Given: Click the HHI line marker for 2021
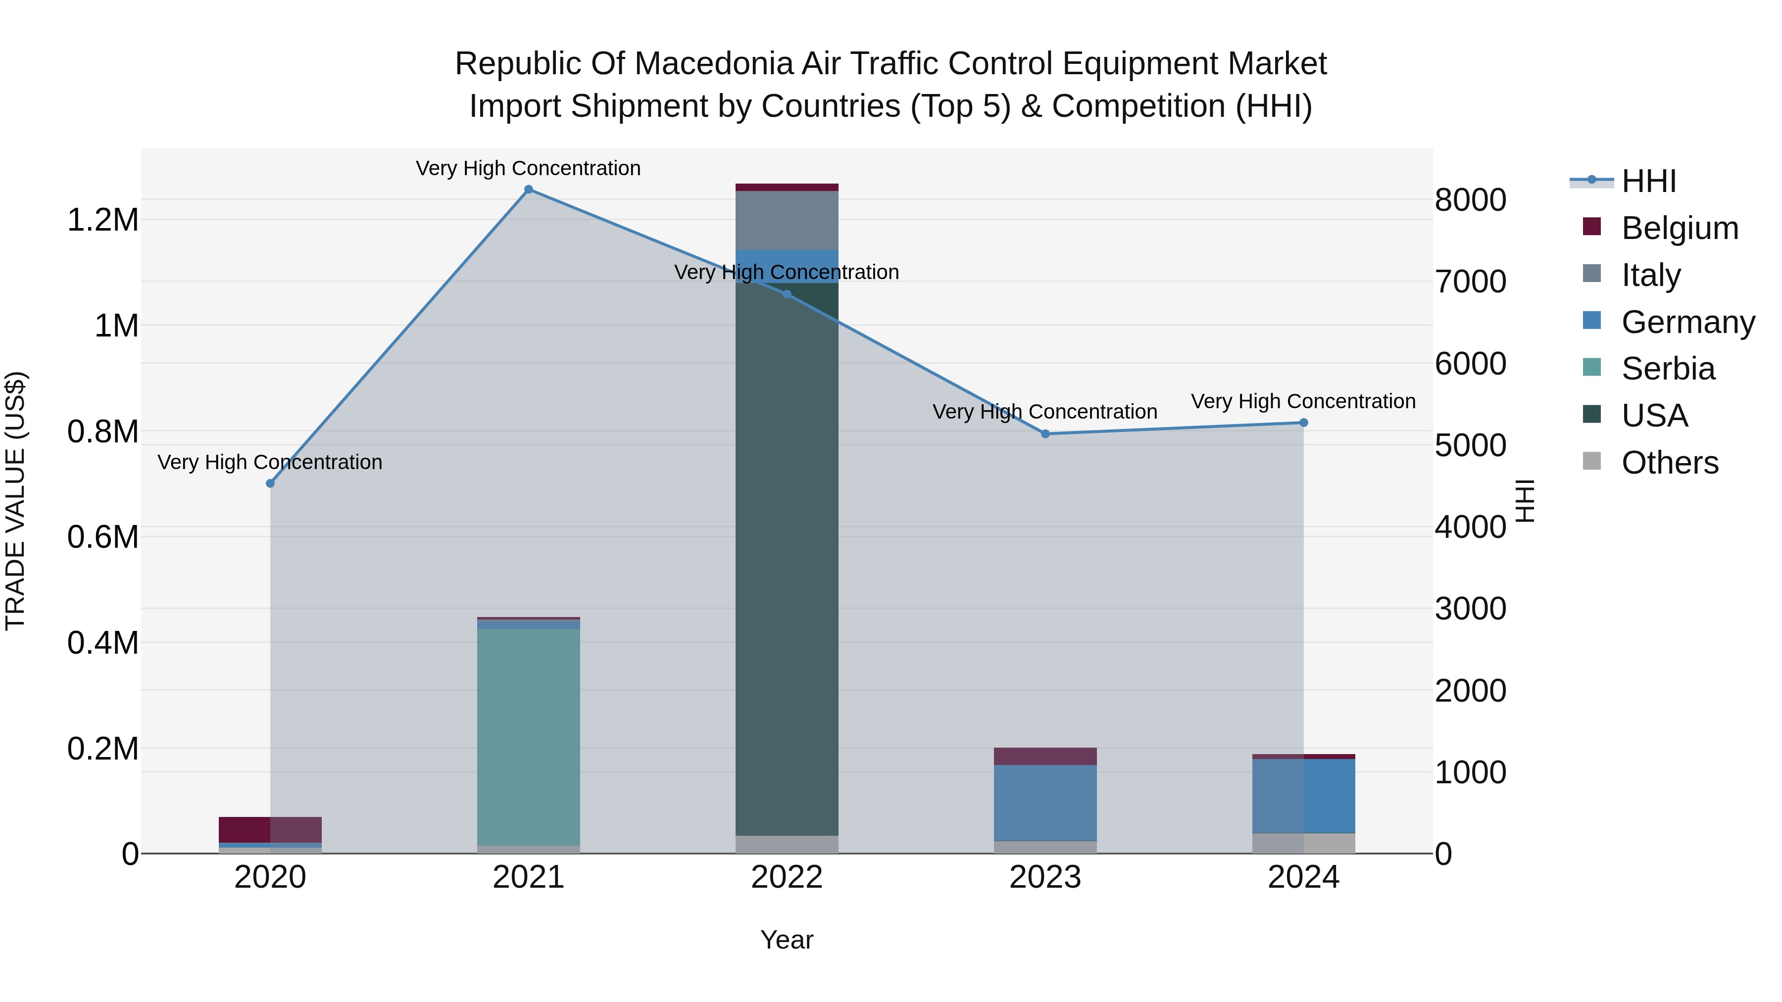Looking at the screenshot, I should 529,190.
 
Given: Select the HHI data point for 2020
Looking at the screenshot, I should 270,483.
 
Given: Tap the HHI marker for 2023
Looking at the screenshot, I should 1045,433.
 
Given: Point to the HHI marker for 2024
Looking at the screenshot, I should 1303,423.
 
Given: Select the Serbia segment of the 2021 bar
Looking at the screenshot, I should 529,736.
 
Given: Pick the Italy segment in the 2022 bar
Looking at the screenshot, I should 787,220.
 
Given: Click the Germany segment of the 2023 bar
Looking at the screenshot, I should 1045,802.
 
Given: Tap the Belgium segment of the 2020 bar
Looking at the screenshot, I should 270,830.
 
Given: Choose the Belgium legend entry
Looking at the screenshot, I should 1679,228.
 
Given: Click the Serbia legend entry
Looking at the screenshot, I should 1667,369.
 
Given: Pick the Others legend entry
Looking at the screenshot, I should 1669,463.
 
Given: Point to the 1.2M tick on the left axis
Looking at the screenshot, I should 102,220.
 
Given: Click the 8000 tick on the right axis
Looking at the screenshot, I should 1470,200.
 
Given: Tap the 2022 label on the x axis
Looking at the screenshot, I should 787,877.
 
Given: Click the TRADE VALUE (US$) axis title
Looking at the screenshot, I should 15,501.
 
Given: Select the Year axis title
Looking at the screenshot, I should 787,940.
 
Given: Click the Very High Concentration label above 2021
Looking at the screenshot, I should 529,168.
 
